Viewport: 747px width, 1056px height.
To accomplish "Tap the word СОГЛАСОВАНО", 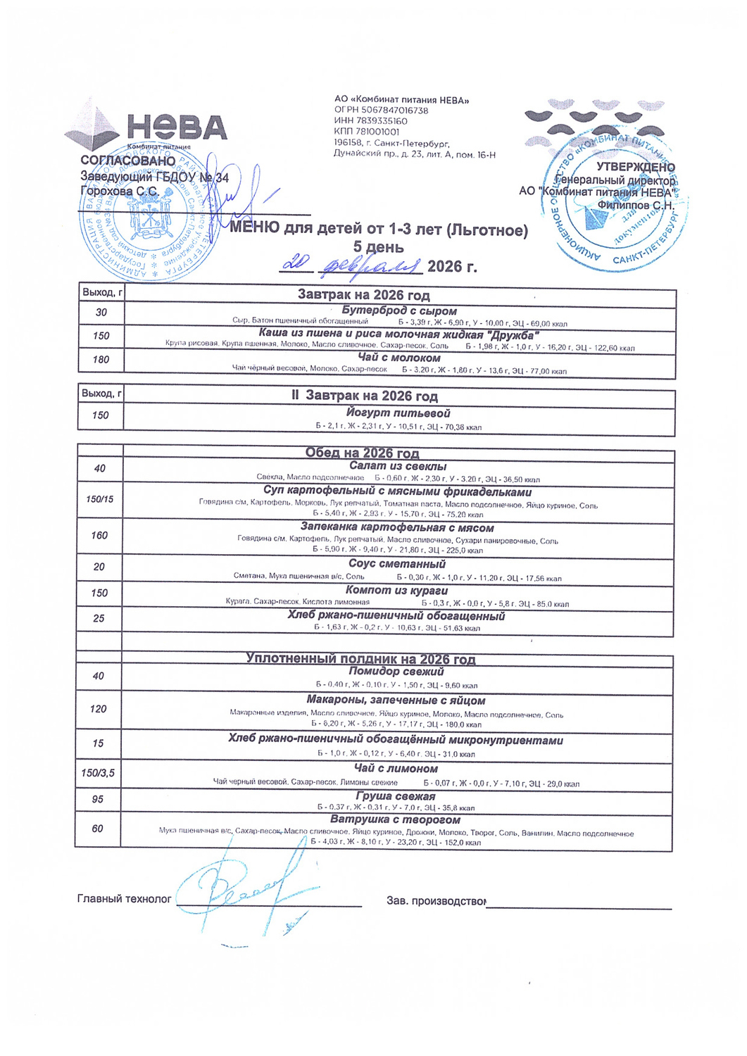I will (x=127, y=161).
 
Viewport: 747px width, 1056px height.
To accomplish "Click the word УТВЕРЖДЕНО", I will (x=635, y=168).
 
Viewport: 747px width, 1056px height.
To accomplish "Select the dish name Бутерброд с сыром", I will (x=399, y=310).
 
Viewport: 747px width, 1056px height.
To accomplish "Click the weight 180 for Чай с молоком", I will (x=101, y=360).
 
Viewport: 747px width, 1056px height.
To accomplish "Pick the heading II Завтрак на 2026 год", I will (x=365, y=396).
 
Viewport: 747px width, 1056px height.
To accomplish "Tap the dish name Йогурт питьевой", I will (x=398, y=413).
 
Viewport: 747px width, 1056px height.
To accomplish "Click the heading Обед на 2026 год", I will (x=362, y=453).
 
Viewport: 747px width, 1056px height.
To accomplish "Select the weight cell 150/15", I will (x=99, y=499).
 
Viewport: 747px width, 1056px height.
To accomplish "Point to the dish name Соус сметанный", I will (x=397, y=564).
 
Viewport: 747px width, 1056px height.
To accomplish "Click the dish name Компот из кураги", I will (x=396, y=590).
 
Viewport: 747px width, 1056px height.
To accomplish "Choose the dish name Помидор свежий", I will (x=396, y=672).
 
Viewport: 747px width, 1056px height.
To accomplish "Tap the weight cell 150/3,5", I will (x=98, y=773).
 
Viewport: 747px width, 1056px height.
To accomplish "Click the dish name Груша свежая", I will (x=395, y=796).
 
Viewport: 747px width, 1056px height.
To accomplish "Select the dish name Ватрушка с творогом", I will (x=395, y=819).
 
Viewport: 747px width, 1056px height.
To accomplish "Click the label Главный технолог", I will (x=124, y=899).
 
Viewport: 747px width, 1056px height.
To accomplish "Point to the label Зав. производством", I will (x=436, y=900).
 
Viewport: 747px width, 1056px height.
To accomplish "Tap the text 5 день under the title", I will (x=378, y=247).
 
